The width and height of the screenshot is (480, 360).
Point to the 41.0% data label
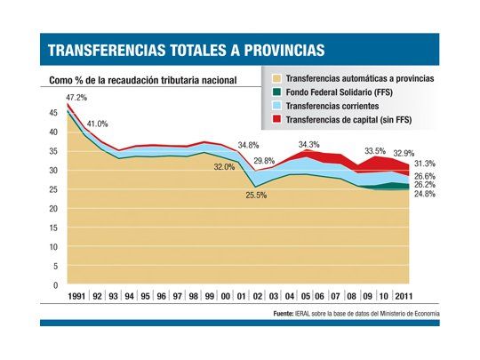coord(97,124)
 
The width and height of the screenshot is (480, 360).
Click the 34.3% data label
coord(308,143)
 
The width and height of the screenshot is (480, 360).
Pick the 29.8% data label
coord(264,161)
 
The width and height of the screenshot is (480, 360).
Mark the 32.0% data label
coord(224,166)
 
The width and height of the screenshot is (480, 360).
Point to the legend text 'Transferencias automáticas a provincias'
coord(358,78)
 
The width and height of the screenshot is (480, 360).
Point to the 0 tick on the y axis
coord(54,285)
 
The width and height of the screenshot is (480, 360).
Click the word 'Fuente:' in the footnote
coord(284,314)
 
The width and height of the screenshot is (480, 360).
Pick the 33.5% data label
coord(375,150)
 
